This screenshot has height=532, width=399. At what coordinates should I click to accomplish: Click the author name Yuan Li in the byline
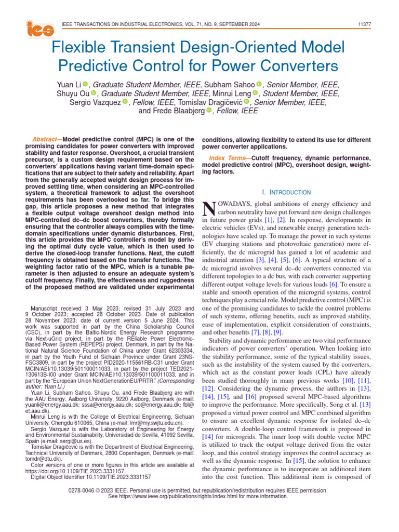69,85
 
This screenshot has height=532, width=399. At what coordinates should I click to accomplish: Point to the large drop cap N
208,209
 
